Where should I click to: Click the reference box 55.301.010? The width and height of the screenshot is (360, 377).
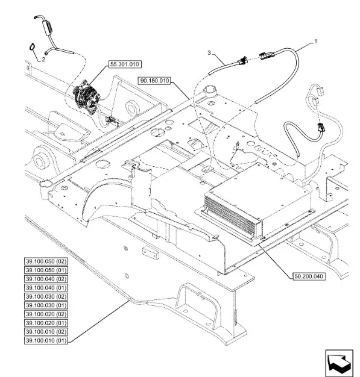pyautogui.click(x=125, y=64)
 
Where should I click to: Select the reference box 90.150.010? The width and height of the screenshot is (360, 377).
pyautogui.click(x=154, y=81)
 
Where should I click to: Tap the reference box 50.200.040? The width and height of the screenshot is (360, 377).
pyautogui.click(x=309, y=276)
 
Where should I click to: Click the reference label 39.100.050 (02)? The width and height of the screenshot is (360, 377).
pyautogui.click(x=46, y=261)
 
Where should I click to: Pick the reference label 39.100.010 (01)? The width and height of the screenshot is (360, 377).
pyautogui.click(x=46, y=341)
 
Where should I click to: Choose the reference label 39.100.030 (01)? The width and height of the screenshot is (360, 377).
pyautogui.click(x=46, y=305)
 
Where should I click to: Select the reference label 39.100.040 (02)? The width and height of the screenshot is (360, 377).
pyautogui.click(x=46, y=279)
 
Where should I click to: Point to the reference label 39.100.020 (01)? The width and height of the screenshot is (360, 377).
pyautogui.click(x=46, y=323)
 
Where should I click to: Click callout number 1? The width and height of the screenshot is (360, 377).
pyautogui.click(x=316, y=42)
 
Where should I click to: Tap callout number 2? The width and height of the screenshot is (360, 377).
pyautogui.click(x=43, y=60)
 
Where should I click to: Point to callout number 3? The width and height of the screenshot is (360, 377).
pyautogui.click(x=209, y=52)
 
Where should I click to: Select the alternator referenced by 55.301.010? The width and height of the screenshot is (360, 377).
pyautogui.click(x=87, y=96)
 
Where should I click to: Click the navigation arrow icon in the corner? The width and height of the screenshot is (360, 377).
pyautogui.click(x=339, y=363)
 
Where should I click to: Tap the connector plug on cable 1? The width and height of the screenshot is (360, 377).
pyautogui.click(x=267, y=55)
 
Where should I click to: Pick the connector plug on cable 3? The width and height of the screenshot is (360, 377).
pyautogui.click(x=242, y=61)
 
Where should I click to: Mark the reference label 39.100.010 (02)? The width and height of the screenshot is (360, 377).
pyautogui.click(x=46, y=332)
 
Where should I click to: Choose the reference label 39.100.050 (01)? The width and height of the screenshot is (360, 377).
pyautogui.click(x=46, y=270)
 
